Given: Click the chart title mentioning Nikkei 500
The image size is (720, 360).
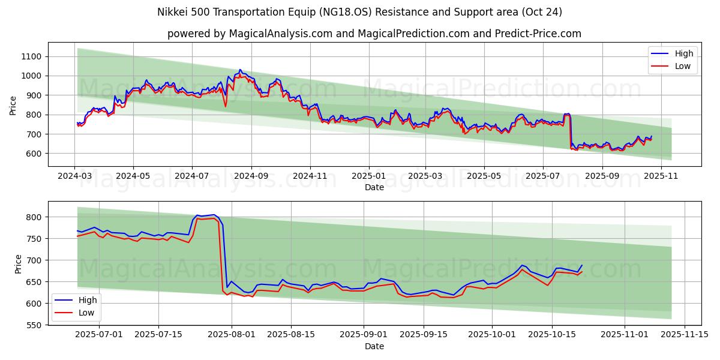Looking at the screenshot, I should click(x=359, y=12).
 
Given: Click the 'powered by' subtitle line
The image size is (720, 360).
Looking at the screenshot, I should click(x=374, y=34).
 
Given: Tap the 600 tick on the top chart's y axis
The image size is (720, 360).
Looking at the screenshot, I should click(x=34, y=154).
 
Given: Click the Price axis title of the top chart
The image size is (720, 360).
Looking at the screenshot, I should click(x=13, y=106).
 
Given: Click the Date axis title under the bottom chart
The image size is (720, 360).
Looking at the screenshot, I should click(x=374, y=346).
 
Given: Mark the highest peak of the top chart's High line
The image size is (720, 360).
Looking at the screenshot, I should click(x=240, y=70).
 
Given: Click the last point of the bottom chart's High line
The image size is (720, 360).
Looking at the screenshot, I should click(x=581, y=265).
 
